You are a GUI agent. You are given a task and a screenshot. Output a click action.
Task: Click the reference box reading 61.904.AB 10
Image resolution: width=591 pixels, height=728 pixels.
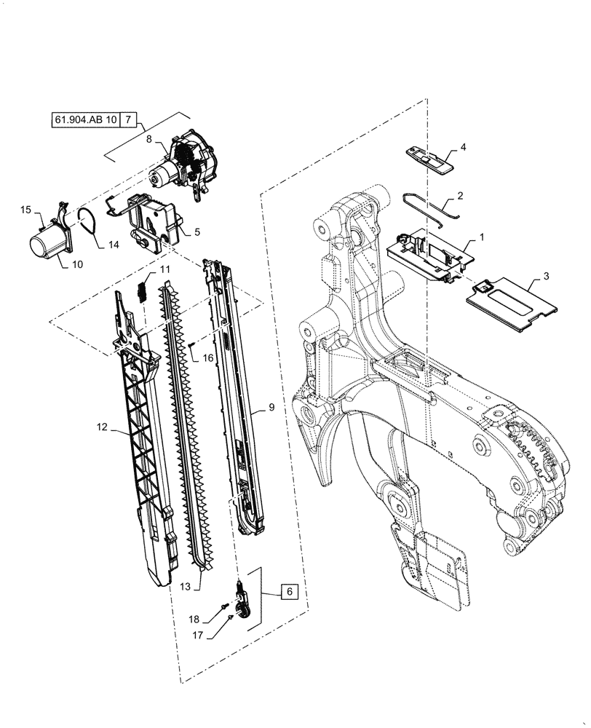coord(84,119)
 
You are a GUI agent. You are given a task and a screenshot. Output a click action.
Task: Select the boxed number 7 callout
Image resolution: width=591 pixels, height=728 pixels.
coord(127,119)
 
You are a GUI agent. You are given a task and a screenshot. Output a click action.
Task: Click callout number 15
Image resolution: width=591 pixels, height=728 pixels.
coord(25,210)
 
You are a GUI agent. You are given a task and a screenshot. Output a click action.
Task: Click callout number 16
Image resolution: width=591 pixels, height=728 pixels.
coord(207,358)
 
